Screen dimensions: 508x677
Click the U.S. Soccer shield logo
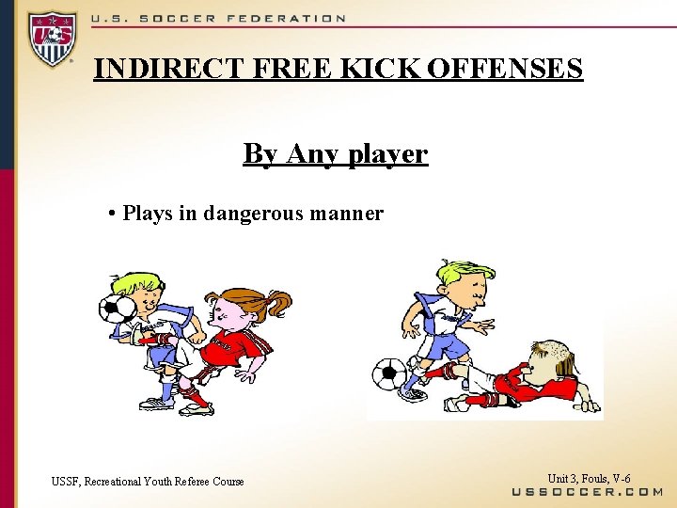click(53, 40)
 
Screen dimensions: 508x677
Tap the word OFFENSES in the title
click(503, 69)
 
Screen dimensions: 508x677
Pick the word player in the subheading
click(386, 153)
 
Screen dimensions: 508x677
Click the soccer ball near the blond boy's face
click(118, 310)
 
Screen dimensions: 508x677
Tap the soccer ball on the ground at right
click(388, 373)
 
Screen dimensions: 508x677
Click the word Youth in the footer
click(157, 482)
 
